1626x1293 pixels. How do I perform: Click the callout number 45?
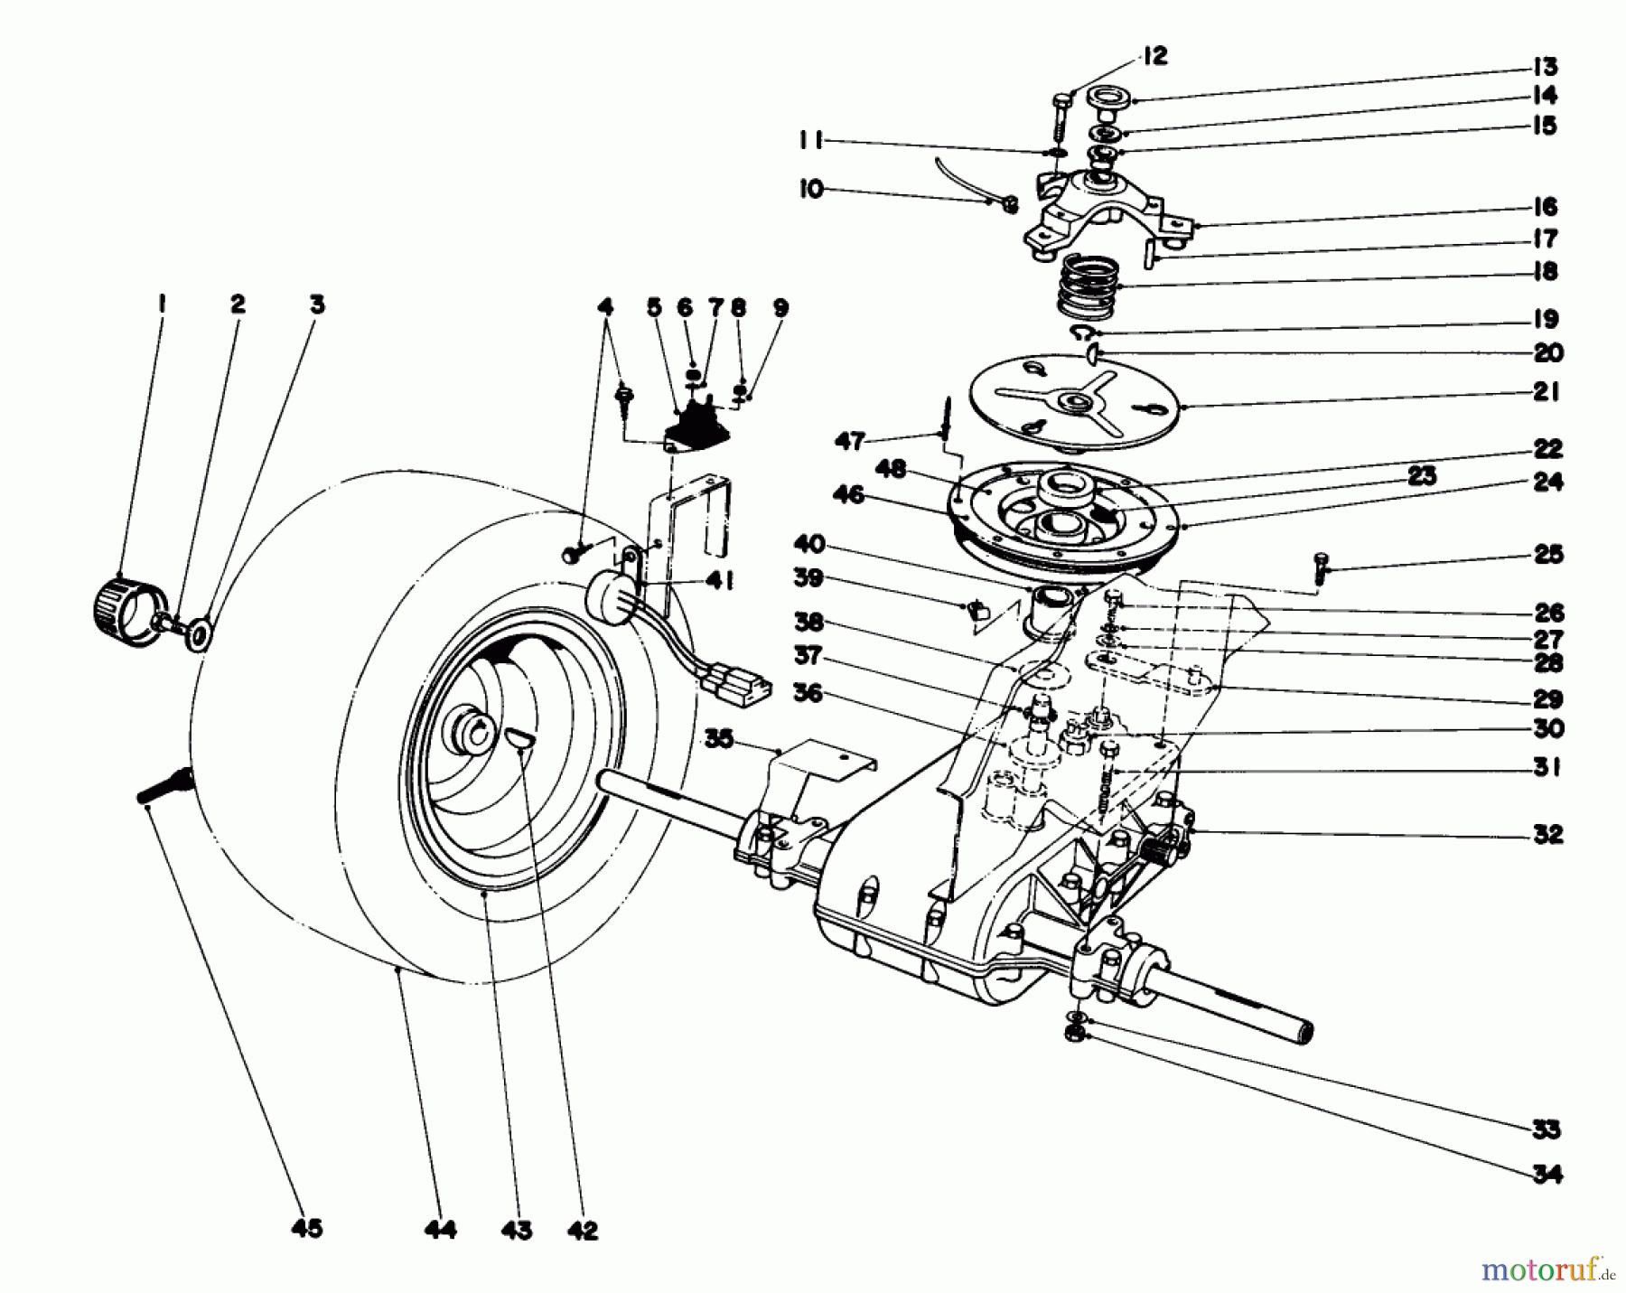(307, 1230)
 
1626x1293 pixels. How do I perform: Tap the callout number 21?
(1546, 393)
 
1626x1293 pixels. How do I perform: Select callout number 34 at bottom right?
(1547, 1175)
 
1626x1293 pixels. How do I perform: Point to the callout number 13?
(1546, 67)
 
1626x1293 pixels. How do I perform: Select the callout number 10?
(811, 191)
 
